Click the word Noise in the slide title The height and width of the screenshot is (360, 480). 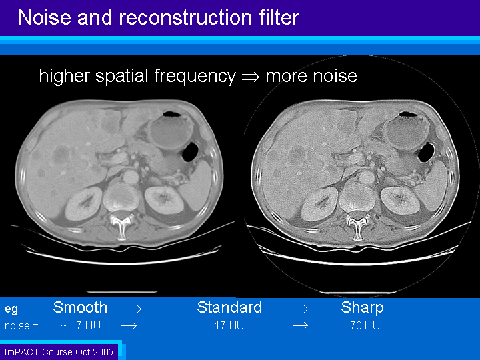45,17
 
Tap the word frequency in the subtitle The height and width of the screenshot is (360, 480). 195,76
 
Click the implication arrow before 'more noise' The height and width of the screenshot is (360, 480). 251,77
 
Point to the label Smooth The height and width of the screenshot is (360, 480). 80,307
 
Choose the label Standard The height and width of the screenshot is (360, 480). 229,307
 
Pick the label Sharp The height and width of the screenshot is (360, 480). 362,308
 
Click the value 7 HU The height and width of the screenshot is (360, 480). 88,325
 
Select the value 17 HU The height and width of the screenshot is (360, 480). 229,325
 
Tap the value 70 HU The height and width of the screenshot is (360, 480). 365,325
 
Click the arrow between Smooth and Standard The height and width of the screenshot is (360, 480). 134,309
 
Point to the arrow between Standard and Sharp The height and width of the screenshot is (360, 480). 300,309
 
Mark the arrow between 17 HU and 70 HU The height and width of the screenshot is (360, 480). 300,325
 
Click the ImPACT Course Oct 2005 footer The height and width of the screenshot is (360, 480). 59,352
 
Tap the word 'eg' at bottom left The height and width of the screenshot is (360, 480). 11,309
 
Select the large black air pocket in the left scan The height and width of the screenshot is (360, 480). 191,152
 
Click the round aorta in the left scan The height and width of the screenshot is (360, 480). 130,177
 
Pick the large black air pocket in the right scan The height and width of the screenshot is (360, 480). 427,153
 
